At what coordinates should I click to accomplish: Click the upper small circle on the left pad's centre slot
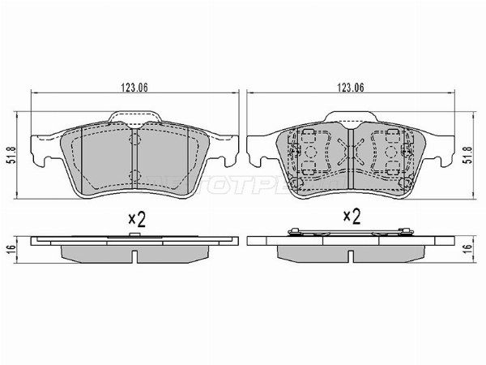pos(134,140)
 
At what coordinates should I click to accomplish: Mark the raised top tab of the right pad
pos(349,118)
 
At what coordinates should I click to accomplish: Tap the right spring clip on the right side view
pos(401,234)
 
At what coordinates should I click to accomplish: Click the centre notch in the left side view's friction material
pos(134,255)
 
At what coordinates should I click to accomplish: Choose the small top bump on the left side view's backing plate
pos(134,235)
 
